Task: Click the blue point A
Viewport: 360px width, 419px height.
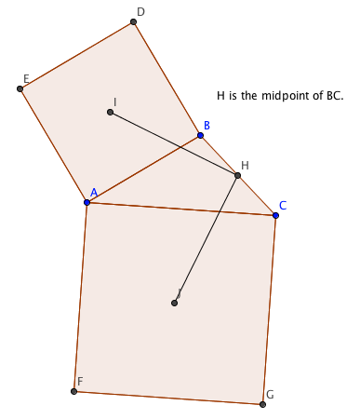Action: pos(87,202)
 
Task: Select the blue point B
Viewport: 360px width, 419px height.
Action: pos(200,135)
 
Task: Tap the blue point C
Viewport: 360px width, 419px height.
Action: pos(275,215)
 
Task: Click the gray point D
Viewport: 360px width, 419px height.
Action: pos(133,21)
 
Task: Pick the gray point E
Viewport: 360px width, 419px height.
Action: pos(20,89)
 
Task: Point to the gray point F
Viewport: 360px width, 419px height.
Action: pos(73,391)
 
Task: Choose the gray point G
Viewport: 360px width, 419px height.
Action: pos(262,404)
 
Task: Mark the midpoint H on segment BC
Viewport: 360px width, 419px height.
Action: pos(237,175)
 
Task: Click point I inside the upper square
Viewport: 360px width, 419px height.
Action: pos(110,112)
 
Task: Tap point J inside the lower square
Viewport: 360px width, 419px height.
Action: pos(174,303)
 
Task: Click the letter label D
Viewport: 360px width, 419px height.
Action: pos(140,12)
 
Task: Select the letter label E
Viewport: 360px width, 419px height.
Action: pos(26,79)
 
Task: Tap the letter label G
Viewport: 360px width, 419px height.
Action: pos(270,395)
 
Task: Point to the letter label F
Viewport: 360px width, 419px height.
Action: pos(80,381)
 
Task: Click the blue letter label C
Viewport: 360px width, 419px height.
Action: pos(283,206)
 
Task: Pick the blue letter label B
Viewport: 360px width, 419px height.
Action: pos(207,126)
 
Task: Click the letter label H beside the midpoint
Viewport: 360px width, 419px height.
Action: pos(245,166)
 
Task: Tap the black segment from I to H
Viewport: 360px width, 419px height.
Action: pos(174,143)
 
